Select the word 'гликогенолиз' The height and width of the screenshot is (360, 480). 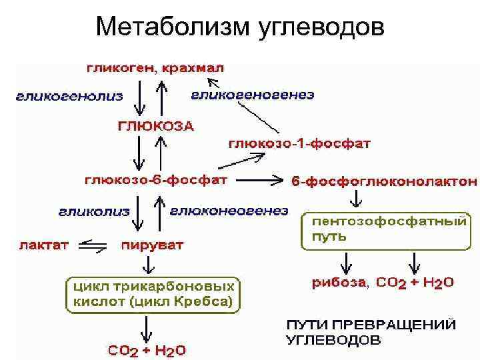[69, 96]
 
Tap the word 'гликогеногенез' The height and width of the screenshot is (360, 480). [253, 95]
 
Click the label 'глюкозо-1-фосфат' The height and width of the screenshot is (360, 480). [299, 143]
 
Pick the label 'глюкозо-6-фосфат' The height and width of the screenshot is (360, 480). [155, 180]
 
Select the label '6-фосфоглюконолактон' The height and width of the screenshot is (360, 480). [385, 181]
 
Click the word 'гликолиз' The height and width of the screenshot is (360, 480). [93, 211]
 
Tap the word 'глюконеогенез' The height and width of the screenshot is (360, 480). [229, 211]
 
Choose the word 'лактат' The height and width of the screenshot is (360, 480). [43, 245]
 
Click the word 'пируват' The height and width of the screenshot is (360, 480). [152, 245]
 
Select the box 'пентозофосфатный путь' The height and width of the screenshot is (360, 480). [385, 231]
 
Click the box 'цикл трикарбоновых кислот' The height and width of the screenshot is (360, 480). [153, 293]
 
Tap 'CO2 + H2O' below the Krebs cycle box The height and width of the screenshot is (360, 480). [147, 349]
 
